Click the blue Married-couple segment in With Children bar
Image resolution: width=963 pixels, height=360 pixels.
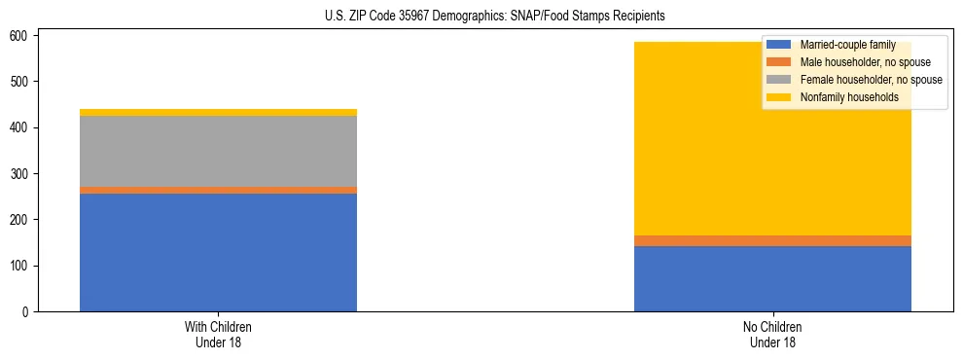click(218, 252)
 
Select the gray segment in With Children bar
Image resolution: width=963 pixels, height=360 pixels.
click(218, 151)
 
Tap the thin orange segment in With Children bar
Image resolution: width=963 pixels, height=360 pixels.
click(218, 190)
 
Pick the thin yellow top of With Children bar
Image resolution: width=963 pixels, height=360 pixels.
click(218, 112)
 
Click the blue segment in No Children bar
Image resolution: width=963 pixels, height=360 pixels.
click(772, 278)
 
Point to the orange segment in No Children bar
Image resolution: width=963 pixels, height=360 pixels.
click(772, 240)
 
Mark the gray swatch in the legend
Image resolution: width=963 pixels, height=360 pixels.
click(779, 80)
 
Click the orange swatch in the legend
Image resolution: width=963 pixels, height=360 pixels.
click(779, 62)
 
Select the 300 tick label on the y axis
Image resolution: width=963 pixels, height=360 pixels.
click(22, 174)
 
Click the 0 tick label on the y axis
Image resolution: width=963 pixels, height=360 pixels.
click(29, 312)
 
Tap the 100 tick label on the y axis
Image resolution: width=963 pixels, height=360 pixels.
click(22, 267)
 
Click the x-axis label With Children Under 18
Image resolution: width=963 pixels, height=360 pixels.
click(218, 335)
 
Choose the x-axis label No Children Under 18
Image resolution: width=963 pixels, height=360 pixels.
click(772, 335)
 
